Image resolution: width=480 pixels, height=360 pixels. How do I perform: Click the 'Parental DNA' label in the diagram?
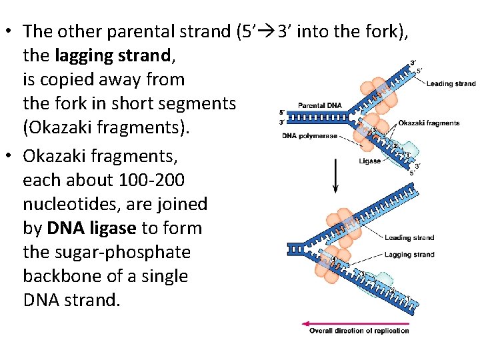pyautogui.click(x=319, y=105)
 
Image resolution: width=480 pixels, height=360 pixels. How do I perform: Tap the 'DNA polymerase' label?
pyautogui.click(x=309, y=136)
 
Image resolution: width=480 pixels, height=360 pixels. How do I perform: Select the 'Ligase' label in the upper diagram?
pyautogui.click(x=370, y=161)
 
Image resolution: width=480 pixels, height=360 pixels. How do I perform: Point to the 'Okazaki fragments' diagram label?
pyautogui.click(x=429, y=123)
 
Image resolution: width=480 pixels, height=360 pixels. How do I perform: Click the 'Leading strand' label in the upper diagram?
pyautogui.click(x=451, y=84)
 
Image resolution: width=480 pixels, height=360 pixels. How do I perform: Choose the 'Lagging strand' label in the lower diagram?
pyautogui.click(x=409, y=255)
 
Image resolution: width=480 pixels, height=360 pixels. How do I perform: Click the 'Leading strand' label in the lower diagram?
pyautogui.click(x=409, y=237)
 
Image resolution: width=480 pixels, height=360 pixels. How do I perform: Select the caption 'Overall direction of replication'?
pyautogui.click(x=359, y=331)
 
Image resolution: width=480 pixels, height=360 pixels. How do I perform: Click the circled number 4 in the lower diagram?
pyautogui.click(x=334, y=259)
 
